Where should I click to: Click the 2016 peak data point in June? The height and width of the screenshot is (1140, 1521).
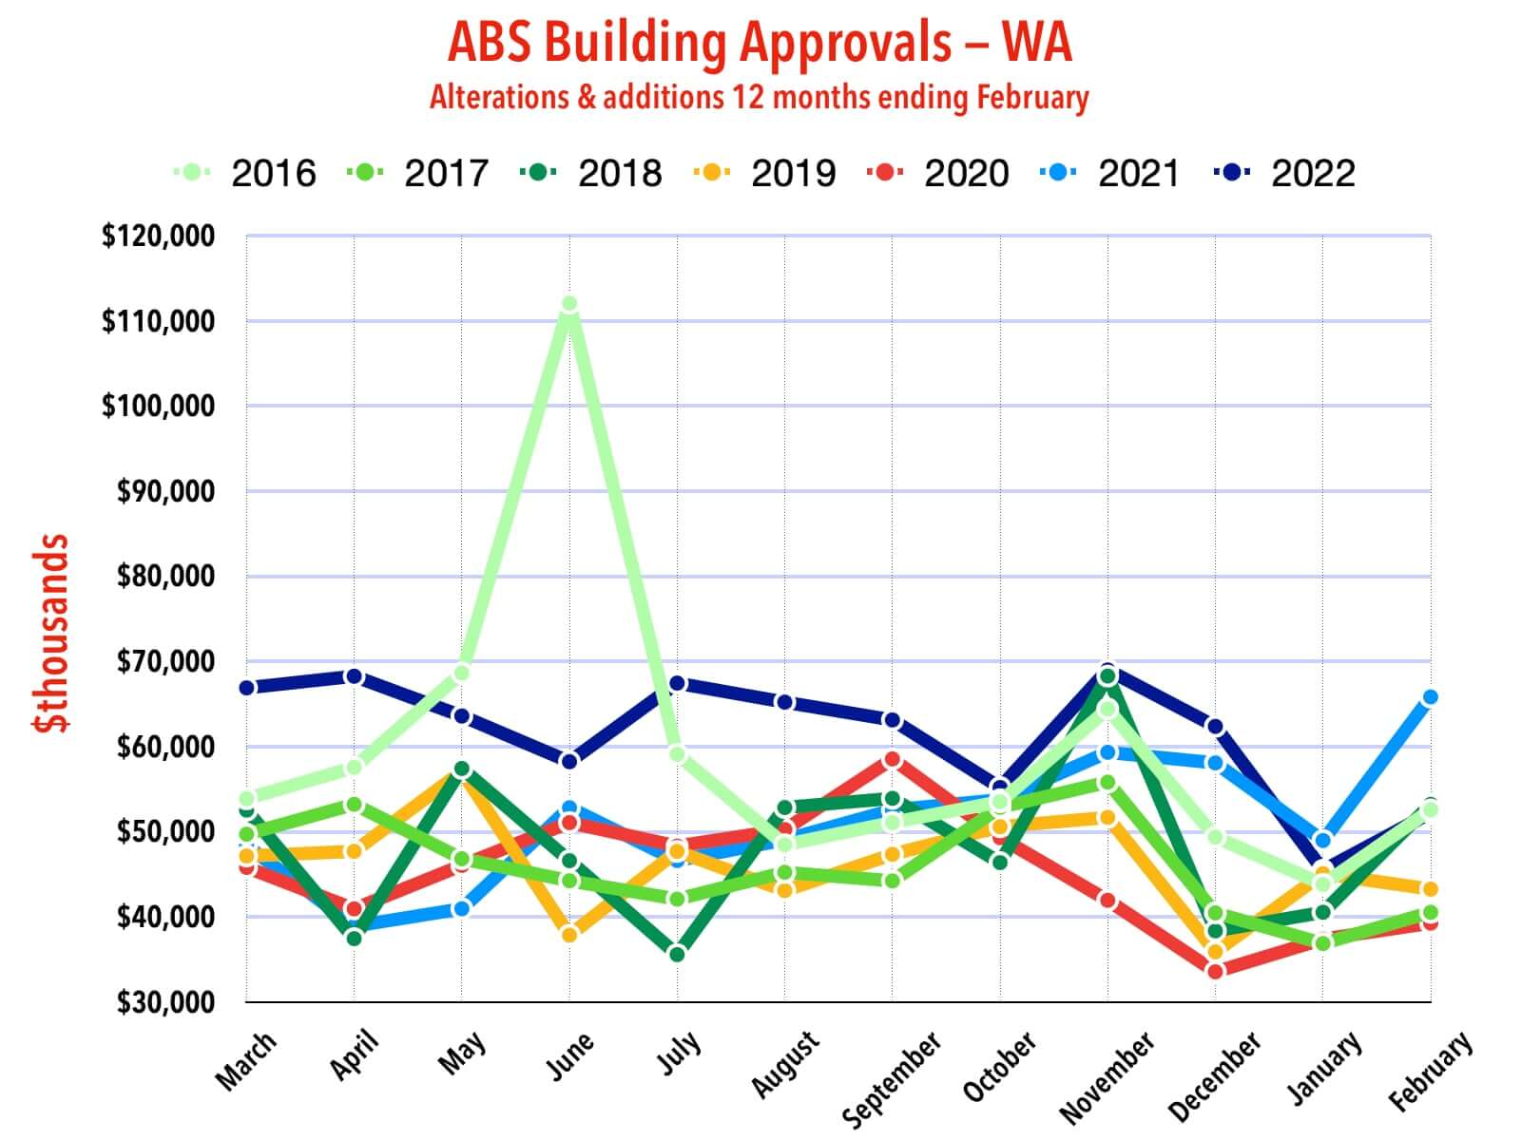pos(569,304)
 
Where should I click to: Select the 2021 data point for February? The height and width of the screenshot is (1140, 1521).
pos(1430,697)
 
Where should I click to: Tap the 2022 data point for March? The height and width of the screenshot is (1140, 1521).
pos(247,687)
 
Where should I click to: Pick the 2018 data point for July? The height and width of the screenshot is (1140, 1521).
pos(677,954)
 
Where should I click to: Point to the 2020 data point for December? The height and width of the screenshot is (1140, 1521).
pos(1215,971)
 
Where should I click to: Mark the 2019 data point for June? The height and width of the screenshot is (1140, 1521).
pos(569,935)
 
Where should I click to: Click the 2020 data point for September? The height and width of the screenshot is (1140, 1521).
pos(892,759)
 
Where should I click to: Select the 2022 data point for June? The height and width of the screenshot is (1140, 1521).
pos(569,761)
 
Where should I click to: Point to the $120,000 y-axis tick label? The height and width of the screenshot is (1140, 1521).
pos(158,236)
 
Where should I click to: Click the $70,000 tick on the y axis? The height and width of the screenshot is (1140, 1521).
pos(164,661)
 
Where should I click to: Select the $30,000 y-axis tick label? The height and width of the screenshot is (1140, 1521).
pos(164,1002)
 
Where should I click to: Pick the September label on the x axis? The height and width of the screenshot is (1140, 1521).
pos(893,1078)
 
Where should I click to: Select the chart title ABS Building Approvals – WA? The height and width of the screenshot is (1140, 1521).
pos(760,43)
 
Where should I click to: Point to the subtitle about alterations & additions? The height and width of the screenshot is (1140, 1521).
pos(760,98)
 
